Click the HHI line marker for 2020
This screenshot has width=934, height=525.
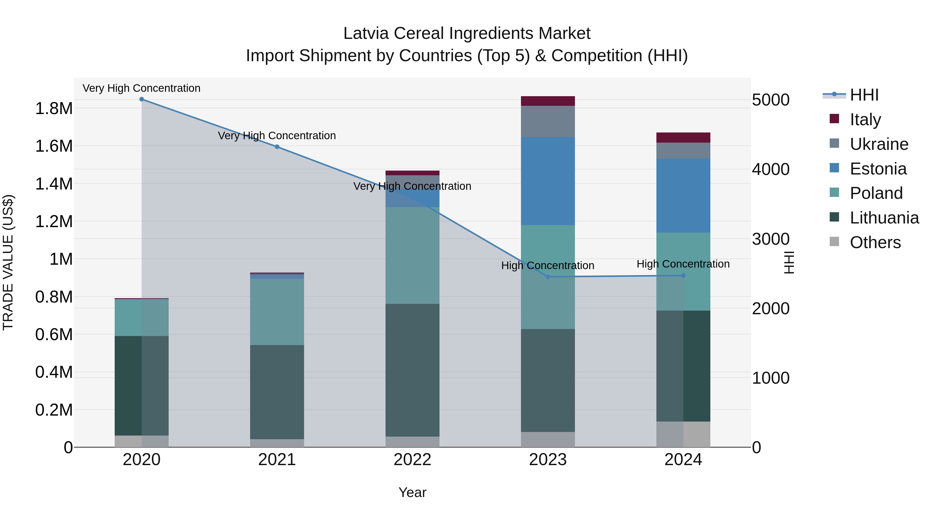(142, 99)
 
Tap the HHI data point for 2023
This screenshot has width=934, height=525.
(548, 277)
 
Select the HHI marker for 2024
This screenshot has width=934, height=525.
(683, 276)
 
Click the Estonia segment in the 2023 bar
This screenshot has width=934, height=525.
(548, 181)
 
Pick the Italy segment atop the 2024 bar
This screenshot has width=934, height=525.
(683, 138)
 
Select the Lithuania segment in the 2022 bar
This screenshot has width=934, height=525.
(412, 369)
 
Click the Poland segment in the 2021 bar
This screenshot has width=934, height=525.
(277, 312)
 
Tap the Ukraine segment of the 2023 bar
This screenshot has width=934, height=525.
(548, 121)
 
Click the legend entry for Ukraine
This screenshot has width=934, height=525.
(879, 144)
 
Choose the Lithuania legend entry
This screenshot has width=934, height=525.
(884, 218)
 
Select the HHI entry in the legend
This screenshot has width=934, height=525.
(864, 95)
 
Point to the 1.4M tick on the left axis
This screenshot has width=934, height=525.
(54, 184)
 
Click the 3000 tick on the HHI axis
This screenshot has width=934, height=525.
(771, 239)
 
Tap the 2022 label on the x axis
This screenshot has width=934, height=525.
(412, 460)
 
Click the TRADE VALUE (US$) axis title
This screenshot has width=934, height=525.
(8, 262)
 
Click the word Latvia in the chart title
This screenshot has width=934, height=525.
(366, 33)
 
